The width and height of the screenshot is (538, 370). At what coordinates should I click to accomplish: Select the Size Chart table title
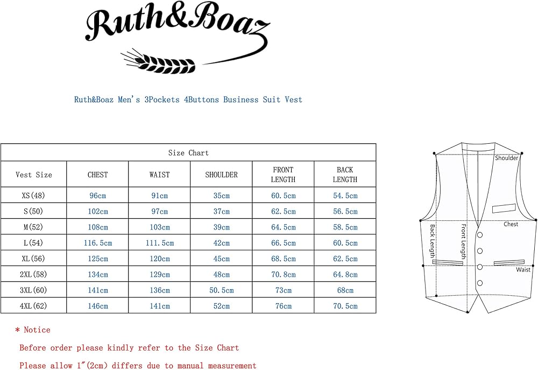pos(188,153)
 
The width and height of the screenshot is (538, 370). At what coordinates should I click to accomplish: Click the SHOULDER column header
pos(221,174)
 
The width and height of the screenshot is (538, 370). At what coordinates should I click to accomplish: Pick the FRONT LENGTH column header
pos(283,174)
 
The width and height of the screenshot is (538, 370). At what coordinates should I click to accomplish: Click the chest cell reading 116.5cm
pos(97,243)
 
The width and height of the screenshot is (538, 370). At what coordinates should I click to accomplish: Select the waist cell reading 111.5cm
pos(159,243)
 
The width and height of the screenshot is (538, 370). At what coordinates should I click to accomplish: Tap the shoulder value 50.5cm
pos(221,290)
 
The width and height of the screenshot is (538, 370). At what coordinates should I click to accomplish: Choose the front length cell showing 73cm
pos(283,290)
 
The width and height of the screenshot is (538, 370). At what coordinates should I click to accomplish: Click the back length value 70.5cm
pos(345,306)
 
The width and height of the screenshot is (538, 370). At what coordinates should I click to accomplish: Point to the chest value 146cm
pos(97,306)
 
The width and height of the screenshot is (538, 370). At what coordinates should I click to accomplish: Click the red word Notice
pos(37,330)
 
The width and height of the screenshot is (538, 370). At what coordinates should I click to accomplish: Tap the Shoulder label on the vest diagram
pos(507,158)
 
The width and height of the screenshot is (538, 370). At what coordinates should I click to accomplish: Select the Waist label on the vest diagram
pos(523,269)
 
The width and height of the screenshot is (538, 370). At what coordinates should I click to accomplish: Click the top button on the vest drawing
pos(479,235)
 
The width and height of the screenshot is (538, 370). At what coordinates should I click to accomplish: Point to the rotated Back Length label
pos(432,241)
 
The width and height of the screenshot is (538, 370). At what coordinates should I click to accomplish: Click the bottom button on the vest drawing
pos(479,283)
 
